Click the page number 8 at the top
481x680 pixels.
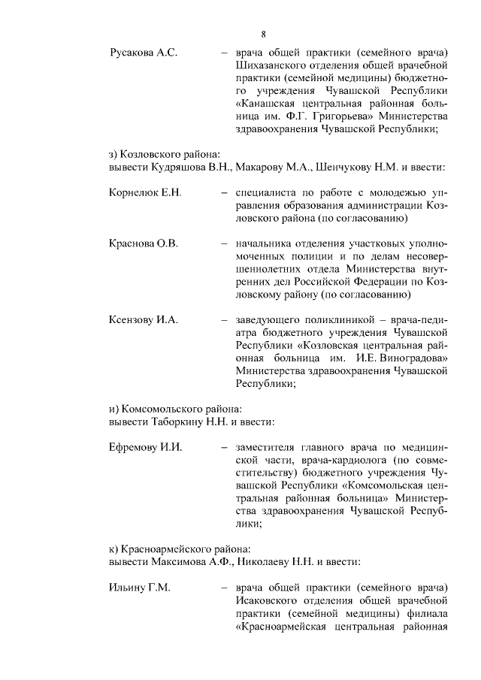click(264, 34)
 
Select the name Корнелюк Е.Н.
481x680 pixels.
click(146, 193)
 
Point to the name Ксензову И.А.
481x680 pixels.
click(144, 320)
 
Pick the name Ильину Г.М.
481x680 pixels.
click(140, 587)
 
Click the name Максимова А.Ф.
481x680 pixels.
click(191, 561)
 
